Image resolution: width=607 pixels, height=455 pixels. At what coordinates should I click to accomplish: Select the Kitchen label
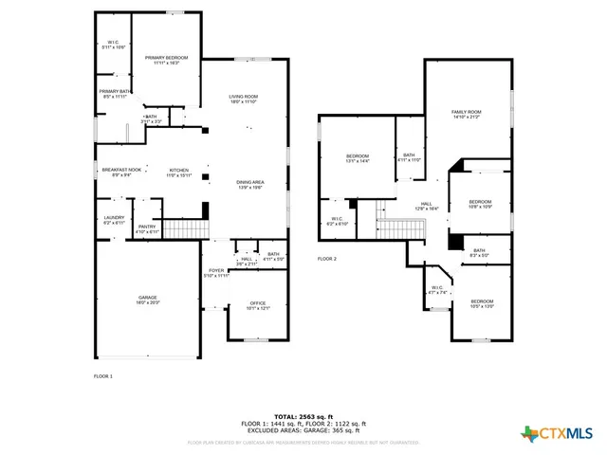(179, 173)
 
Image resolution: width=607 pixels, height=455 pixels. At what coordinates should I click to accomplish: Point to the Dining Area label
(249, 183)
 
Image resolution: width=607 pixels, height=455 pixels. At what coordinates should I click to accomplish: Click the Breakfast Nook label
(121, 172)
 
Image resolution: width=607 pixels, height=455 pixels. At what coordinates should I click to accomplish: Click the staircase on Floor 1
(186, 229)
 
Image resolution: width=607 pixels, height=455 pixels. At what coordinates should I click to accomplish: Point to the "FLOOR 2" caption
(327, 259)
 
